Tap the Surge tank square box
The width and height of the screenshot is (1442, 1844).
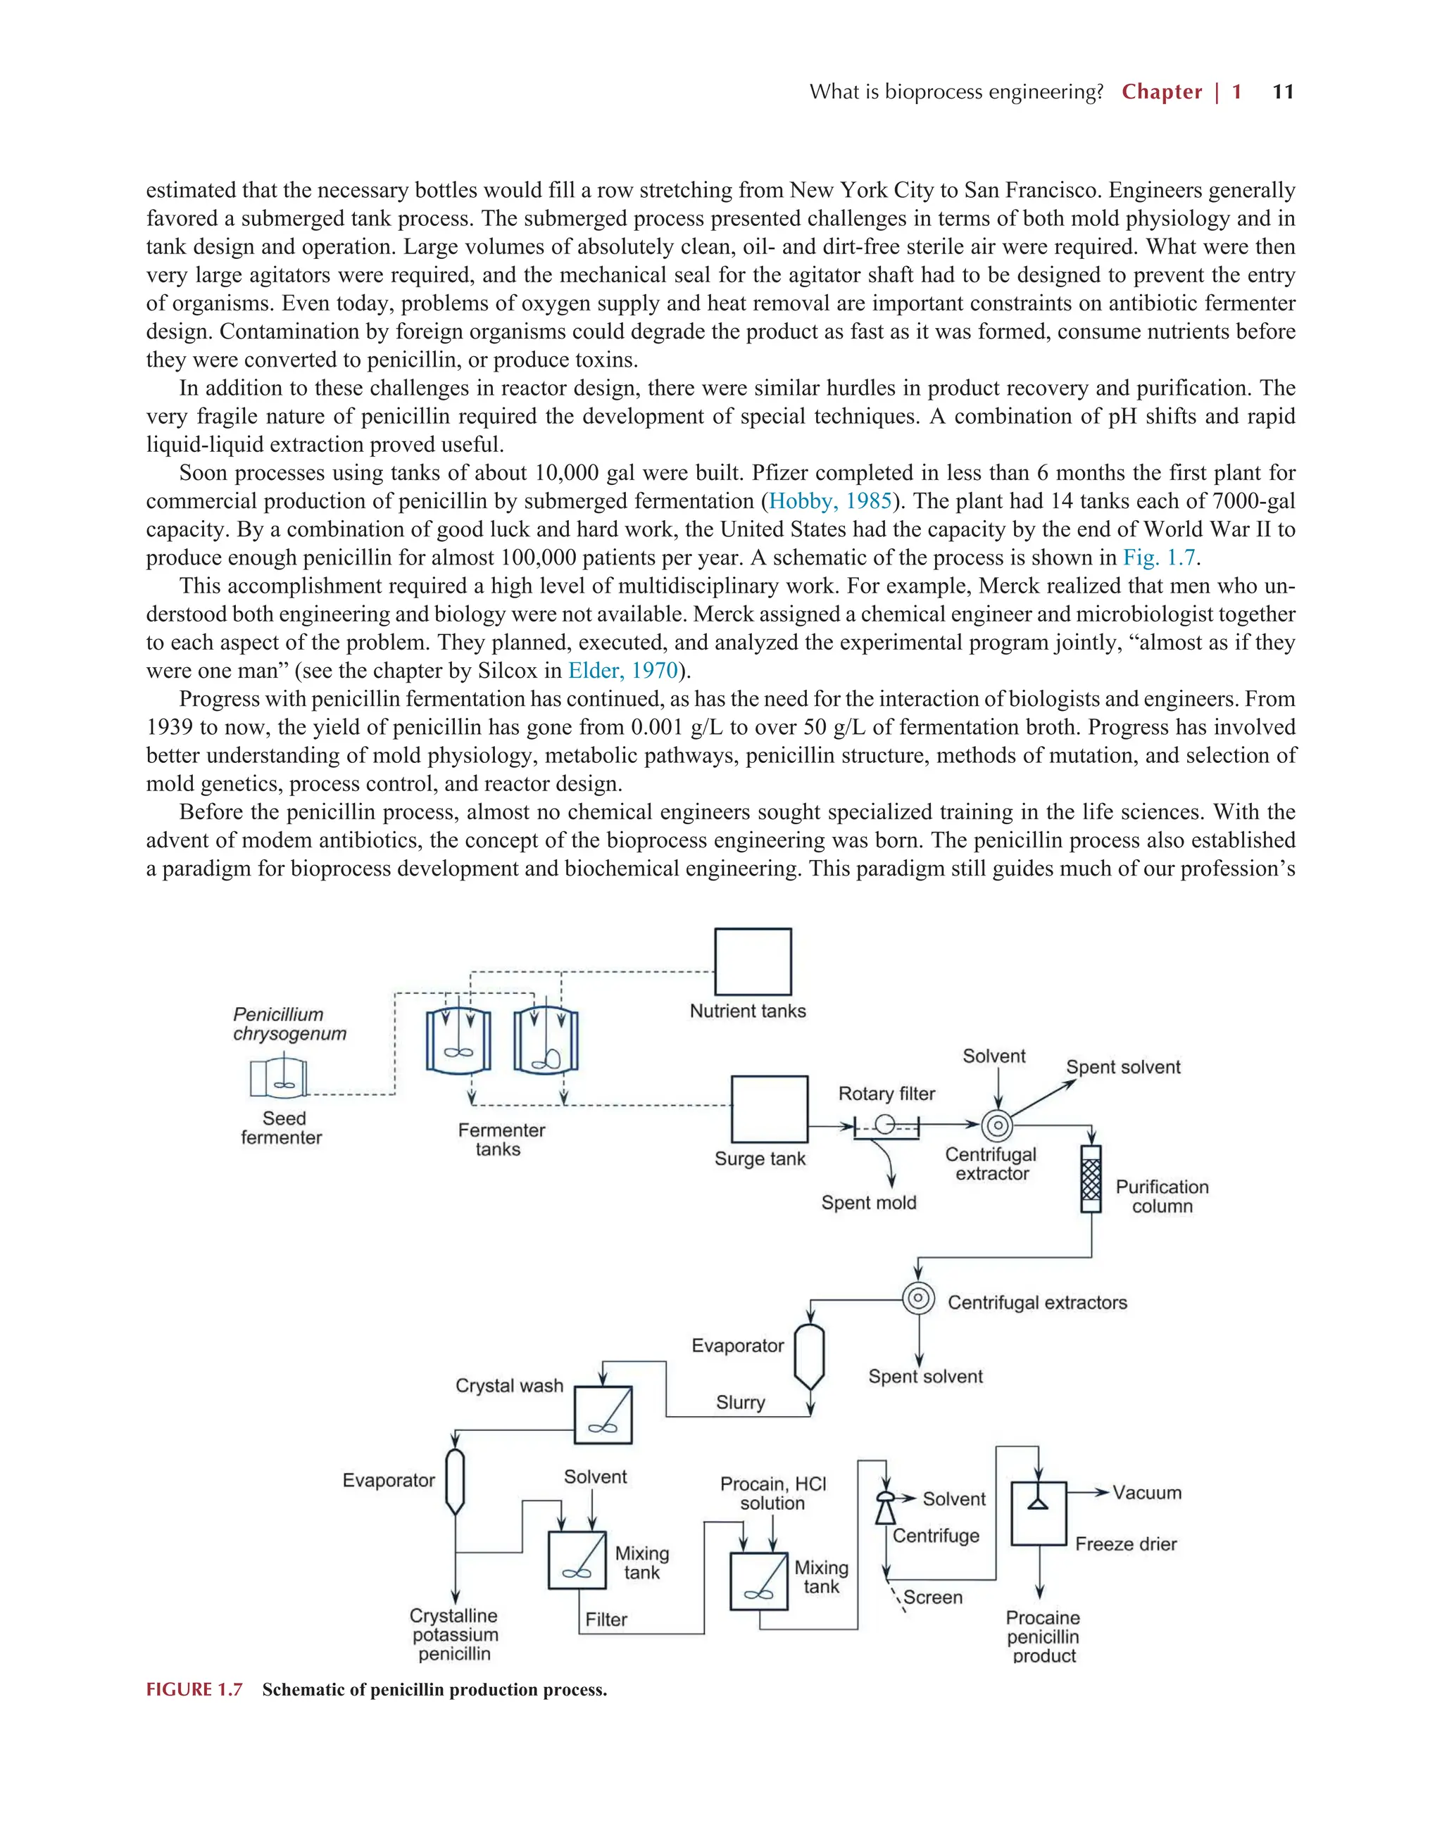[769, 1109]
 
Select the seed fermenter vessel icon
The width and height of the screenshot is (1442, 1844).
[278, 1078]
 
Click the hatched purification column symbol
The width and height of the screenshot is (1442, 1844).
[1091, 1179]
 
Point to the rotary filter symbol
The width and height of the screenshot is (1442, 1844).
[885, 1126]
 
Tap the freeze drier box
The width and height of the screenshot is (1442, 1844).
[1039, 1514]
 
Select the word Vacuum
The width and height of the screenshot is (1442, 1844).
[1146, 1493]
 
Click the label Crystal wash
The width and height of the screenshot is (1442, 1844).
[508, 1386]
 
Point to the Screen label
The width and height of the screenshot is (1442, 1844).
[933, 1598]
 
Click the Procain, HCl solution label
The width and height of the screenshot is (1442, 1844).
[773, 1493]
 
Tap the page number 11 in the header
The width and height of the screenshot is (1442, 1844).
[1282, 92]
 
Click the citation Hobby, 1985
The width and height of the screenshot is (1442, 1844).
[829, 502]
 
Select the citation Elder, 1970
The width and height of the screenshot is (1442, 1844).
[622, 671]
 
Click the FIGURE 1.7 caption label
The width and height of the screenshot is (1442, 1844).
[194, 1689]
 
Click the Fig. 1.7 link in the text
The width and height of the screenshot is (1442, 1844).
[1159, 558]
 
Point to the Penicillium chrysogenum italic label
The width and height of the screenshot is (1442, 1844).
[289, 1024]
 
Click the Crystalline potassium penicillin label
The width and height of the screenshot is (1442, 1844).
[453, 1634]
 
